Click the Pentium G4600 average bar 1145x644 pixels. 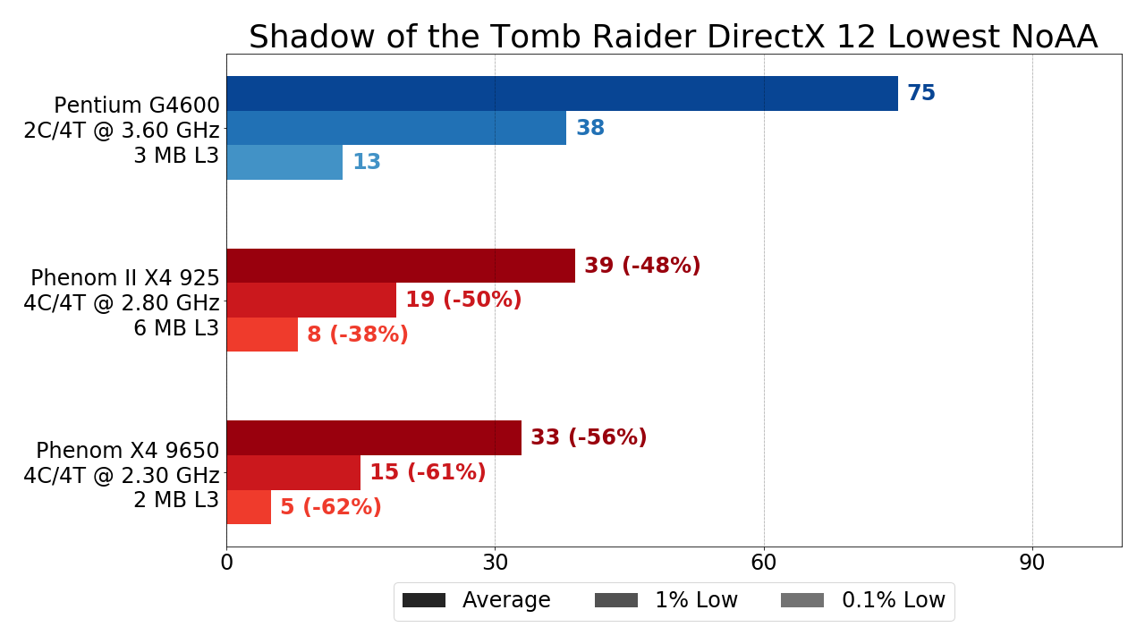(562, 93)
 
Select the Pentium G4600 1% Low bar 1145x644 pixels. (396, 128)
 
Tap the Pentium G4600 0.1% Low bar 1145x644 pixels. (284, 162)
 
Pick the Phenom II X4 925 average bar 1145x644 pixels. (401, 266)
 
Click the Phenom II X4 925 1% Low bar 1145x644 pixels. (311, 300)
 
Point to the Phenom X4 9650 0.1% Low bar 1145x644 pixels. (249, 507)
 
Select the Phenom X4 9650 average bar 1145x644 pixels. (374, 437)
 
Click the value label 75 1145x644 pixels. (921, 93)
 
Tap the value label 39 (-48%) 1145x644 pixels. (642, 266)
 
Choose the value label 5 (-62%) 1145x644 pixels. (331, 507)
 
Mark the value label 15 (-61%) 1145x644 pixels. (428, 472)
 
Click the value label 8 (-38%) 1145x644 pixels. (358, 335)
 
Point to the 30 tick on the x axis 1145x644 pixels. (495, 563)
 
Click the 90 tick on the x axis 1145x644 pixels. (1032, 563)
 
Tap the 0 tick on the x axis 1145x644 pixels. (226, 563)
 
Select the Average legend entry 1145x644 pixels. (477, 600)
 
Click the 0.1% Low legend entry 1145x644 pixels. (863, 600)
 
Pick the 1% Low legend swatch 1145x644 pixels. (616, 600)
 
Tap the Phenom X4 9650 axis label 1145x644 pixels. (127, 451)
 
